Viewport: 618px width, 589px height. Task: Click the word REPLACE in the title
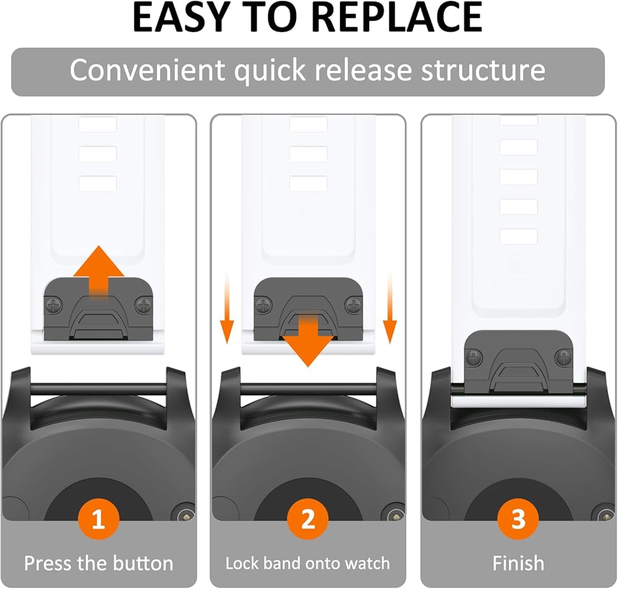tap(399, 18)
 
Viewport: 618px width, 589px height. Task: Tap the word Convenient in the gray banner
tap(147, 70)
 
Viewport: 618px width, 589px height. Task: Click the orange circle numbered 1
tap(98, 519)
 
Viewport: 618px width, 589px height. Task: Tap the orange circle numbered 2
tap(308, 519)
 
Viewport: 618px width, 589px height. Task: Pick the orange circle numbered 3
tap(518, 519)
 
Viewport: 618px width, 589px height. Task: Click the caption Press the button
tap(98, 563)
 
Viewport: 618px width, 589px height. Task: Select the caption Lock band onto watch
tap(307, 563)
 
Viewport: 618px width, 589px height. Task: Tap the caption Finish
tap(519, 563)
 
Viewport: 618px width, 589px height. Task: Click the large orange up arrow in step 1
tap(99, 272)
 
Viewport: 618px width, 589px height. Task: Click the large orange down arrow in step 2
tap(308, 340)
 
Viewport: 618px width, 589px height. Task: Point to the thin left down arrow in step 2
tap(227, 308)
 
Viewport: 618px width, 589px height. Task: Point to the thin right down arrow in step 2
tap(390, 308)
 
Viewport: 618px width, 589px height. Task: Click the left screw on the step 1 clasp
tap(54, 305)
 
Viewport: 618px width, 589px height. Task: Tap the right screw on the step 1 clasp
tap(143, 305)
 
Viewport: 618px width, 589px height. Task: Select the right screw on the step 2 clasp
tap(353, 305)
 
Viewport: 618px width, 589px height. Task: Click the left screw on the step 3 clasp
tap(474, 358)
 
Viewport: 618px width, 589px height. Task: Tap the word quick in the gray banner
tap(269, 71)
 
